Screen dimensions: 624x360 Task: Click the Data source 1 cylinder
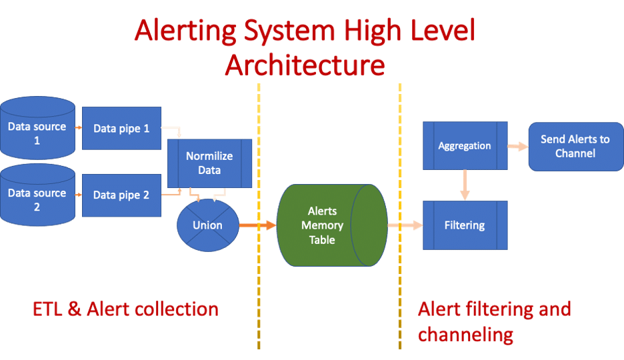click(37, 127)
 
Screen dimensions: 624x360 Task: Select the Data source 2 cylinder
click(37, 195)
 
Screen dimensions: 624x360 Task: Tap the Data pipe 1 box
click(121, 128)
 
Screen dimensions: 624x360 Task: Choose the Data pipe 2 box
click(121, 195)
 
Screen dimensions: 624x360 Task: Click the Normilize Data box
click(209, 163)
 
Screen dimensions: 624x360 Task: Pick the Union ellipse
click(208, 225)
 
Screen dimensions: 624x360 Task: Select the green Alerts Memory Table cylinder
click(332, 225)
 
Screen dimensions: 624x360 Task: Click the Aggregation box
click(465, 145)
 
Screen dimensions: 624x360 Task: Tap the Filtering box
click(465, 225)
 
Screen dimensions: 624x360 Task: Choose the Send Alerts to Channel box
click(575, 147)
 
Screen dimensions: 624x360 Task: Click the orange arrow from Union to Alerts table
click(257, 225)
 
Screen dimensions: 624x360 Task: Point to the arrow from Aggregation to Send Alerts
click(518, 147)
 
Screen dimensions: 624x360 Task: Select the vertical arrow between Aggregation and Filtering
click(465, 185)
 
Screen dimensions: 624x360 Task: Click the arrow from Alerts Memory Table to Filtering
click(405, 225)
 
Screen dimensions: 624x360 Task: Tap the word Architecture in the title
click(305, 65)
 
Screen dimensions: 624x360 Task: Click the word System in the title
click(289, 31)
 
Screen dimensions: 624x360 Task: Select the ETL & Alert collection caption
click(126, 309)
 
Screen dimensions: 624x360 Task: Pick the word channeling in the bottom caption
click(465, 335)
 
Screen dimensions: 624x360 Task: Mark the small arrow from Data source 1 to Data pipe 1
click(79, 127)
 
